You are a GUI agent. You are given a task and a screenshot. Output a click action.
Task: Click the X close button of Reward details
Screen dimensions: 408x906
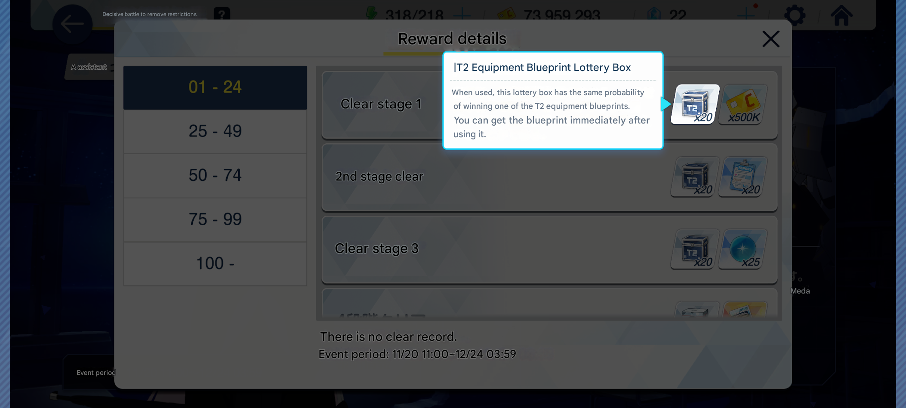pyautogui.click(x=770, y=39)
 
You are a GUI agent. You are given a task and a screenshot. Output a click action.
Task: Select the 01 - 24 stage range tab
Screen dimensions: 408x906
pyautogui.click(x=215, y=87)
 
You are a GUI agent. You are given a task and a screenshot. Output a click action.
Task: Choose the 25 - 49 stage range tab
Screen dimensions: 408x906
pyautogui.click(x=215, y=131)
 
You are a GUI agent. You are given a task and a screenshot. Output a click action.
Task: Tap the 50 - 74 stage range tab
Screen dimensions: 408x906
pyautogui.click(x=215, y=176)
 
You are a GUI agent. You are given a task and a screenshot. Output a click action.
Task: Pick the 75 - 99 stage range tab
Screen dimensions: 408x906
pyautogui.click(x=215, y=219)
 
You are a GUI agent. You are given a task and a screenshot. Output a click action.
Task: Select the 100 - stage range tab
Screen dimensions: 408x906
pyautogui.click(x=215, y=263)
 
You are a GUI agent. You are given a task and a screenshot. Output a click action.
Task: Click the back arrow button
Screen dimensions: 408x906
pyautogui.click(x=72, y=24)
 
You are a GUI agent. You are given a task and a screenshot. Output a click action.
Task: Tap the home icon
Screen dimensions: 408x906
pyautogui.click(x=841, y=15)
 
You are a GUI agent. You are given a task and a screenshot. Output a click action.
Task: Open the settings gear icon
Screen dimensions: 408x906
pyautogui.click(x=795, y=15)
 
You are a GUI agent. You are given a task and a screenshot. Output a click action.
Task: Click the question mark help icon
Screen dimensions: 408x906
pyautogui.click(x=222, y=14)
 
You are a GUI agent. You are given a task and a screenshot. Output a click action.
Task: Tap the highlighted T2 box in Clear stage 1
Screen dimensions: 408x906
pyautogui.click(x=695, y=104)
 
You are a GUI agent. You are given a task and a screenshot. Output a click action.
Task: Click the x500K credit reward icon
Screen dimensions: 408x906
pyautogui.click(x=743, y=104)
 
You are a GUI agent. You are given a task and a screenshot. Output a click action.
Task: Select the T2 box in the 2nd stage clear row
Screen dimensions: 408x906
pyautogui.click(x=695, y=177)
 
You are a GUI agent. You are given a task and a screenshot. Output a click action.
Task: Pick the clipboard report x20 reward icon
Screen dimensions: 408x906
pyautogui.click(x=743, y=177)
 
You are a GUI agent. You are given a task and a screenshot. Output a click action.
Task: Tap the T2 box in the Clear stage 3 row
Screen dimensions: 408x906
pyautogui.click(x=695, y=249)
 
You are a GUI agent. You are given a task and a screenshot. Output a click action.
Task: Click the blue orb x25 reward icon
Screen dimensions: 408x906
pyautogui.click(x=743, y=249)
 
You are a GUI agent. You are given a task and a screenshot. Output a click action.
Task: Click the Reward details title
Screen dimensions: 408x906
pyautogui.click(x=452, y=39)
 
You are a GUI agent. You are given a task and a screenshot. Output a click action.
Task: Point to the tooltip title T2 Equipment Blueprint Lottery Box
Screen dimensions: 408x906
pyautogui.click(x=542, y=68)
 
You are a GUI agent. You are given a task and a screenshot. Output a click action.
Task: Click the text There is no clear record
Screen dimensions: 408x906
pyautogui.click(x=388, y=337)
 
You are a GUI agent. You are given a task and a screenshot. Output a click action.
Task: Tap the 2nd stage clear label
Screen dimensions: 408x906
pyautogui.click(x=379, y=176)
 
